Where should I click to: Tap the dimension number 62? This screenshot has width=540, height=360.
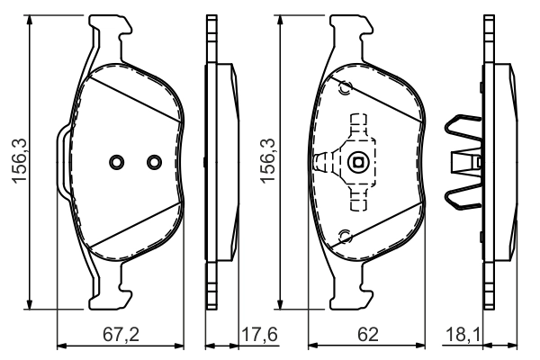click(367, 334)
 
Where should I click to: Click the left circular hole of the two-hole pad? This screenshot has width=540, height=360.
click(115, 163)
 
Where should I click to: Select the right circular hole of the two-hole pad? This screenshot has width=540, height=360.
click(153, 163)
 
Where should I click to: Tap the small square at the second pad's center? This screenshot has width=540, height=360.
click(358, 164)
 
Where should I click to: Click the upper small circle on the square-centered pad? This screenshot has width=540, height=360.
click(344, 88)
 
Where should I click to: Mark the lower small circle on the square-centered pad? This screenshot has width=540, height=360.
click(344, 237)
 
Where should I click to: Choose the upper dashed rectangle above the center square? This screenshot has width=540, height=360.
click(360, 127)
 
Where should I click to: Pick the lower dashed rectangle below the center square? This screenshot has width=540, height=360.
click(360, 199)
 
